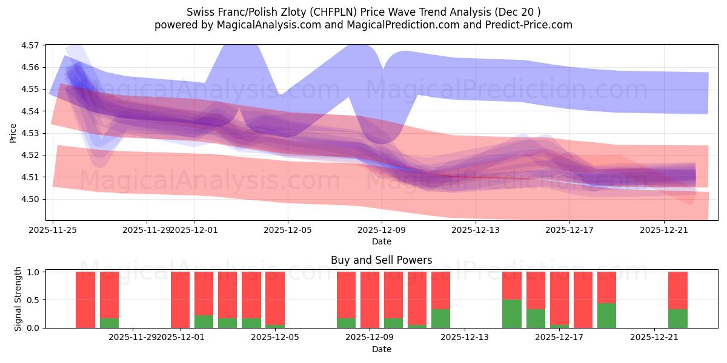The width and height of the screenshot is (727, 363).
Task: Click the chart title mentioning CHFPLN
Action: coord(363,11)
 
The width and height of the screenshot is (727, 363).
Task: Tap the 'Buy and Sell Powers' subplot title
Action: coord(381,260)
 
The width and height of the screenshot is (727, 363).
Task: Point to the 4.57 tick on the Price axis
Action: coord(30,45)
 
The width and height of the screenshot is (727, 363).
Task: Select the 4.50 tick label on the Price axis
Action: coord(30,199)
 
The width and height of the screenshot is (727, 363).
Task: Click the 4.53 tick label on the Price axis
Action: coord(30,133)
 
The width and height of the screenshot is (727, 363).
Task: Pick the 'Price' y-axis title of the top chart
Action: coord(13,132)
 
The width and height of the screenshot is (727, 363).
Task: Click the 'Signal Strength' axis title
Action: coord(18,299)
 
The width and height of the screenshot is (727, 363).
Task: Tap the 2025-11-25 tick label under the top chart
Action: coord(53,230)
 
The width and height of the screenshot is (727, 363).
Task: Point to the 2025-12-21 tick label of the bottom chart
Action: coord(655,337)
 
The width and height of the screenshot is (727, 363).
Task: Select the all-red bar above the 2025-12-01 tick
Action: coord(180,299)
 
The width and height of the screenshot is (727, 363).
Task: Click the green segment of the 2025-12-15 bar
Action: coord(512,313)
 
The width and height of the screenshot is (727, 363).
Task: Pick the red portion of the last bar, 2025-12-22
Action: coord(678,290)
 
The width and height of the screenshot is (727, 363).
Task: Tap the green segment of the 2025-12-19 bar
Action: coord(606,315)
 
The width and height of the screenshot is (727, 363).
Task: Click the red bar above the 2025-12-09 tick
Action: coord(370,299)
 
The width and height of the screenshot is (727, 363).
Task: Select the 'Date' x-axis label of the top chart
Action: coord(381,241)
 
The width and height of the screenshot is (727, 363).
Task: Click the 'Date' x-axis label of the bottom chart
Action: coord(381,349)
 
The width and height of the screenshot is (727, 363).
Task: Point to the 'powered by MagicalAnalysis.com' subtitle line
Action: coord(363,25)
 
